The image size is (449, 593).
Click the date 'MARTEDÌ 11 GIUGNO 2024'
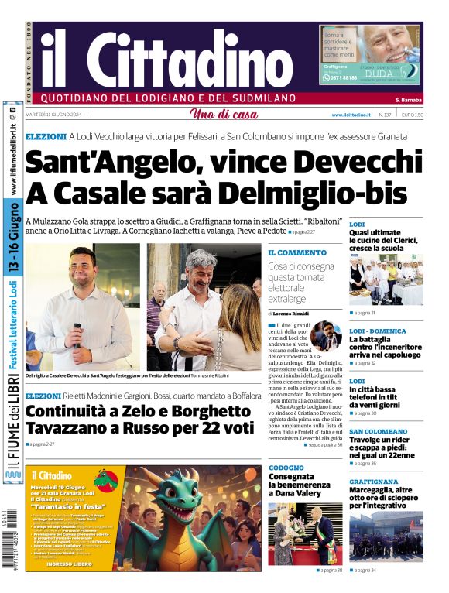click(59, 115)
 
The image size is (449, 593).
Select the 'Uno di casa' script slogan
click(224, 115)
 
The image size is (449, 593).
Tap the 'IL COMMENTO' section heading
click(297, 252)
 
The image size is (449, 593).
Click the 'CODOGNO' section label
click(286, 468)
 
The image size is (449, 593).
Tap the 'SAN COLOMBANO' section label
click(379, 431)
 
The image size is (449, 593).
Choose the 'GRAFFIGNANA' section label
click(373, 481)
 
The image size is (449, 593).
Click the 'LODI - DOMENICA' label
click(377, 331)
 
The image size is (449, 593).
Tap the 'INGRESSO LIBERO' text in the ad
click(70, 564)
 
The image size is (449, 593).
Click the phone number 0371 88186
click(340, 78)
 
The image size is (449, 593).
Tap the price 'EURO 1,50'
click(412, 115)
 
